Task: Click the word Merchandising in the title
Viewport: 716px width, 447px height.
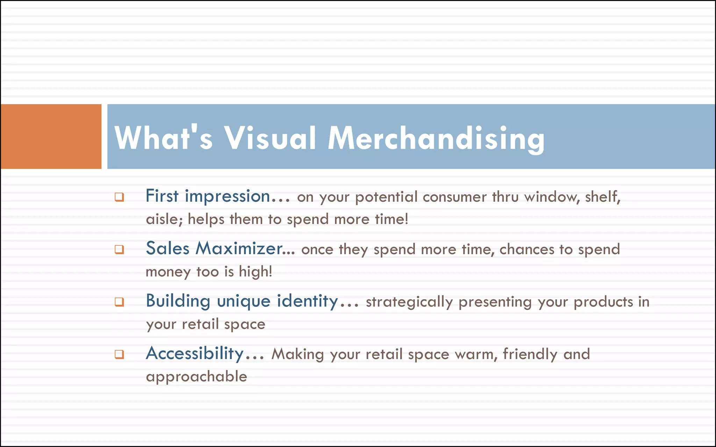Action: click(436, 139)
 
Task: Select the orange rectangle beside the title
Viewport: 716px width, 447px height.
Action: click(51, 137)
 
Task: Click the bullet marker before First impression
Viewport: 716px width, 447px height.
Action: click(119, 197)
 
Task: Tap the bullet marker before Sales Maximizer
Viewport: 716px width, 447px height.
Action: click(119, 250)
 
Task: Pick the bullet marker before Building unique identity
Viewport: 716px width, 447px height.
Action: click(119, 302)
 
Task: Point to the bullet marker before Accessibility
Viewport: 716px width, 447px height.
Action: click(119, 354)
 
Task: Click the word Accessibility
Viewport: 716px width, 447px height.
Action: click(195, 353)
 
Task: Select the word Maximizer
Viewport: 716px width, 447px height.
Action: click(245, 249)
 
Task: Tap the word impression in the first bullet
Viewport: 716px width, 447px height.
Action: click(227, 197)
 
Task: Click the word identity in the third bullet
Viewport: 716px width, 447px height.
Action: click(307, 301)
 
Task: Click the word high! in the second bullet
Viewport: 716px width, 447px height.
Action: click(256, 272)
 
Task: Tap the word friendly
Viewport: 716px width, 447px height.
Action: click(530, 354)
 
